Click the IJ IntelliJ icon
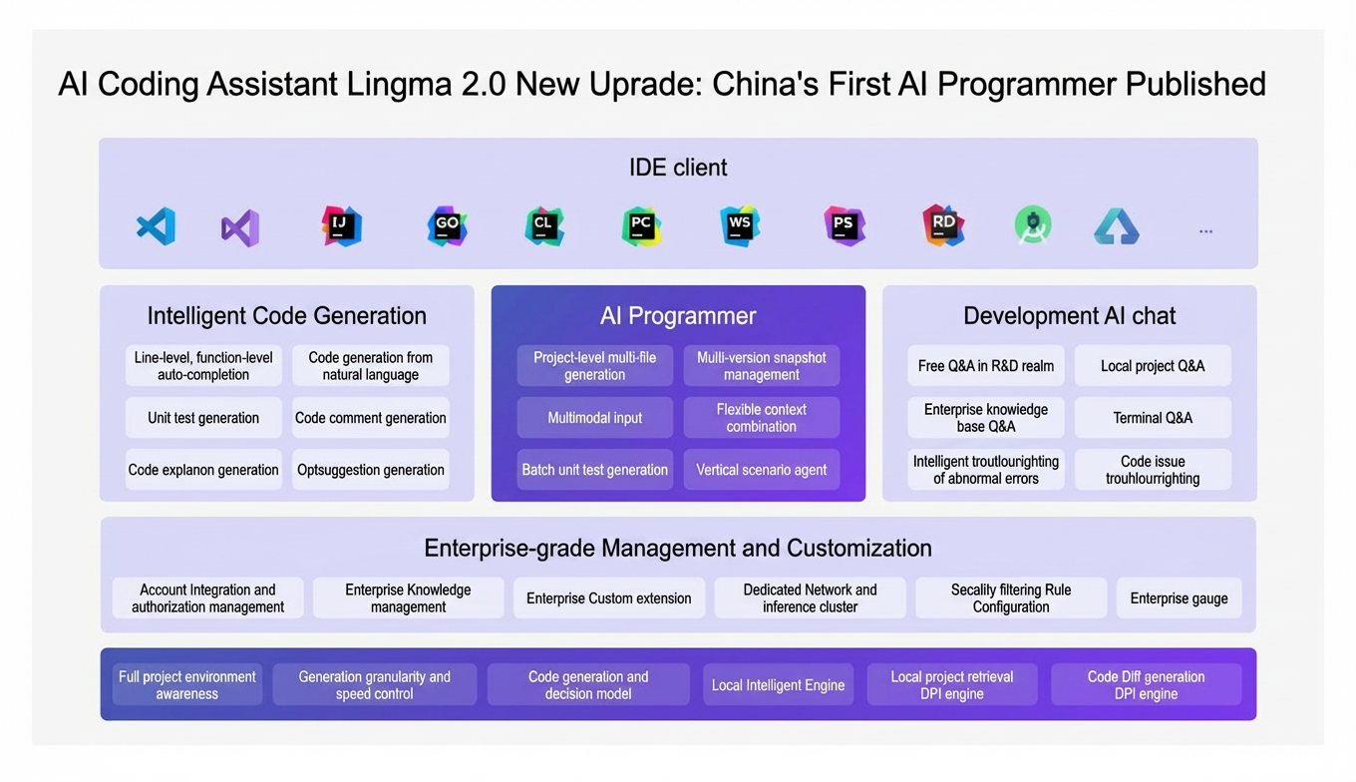click(x=341, y=226)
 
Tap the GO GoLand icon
click(x=447, y=226)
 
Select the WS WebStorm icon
click(x=739, y=226)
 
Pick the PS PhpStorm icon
click(x=844, y=226)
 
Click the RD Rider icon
click(x=943, y=225)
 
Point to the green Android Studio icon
click(x=1033, y=226)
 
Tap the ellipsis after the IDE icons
click(x=1205, y=231)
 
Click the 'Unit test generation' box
click(x=203, y=417)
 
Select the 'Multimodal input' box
click(x=594, y=417)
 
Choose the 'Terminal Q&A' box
click(x=1153, y=417)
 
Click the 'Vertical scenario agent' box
click(x=762, y=470)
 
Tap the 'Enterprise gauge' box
click(x=1179, y=597)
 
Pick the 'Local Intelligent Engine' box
click(x=778, y=684)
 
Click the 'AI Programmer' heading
click(x=678, y=315)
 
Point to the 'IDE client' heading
click(x=678, y=168)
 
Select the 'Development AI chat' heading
click(x=1069, y=315)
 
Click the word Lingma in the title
click(x=399, y=85)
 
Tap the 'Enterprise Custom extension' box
click(x=609, y=597)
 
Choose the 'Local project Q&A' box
click(x=1153, y=365)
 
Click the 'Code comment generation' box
click(x=371, y=417)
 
